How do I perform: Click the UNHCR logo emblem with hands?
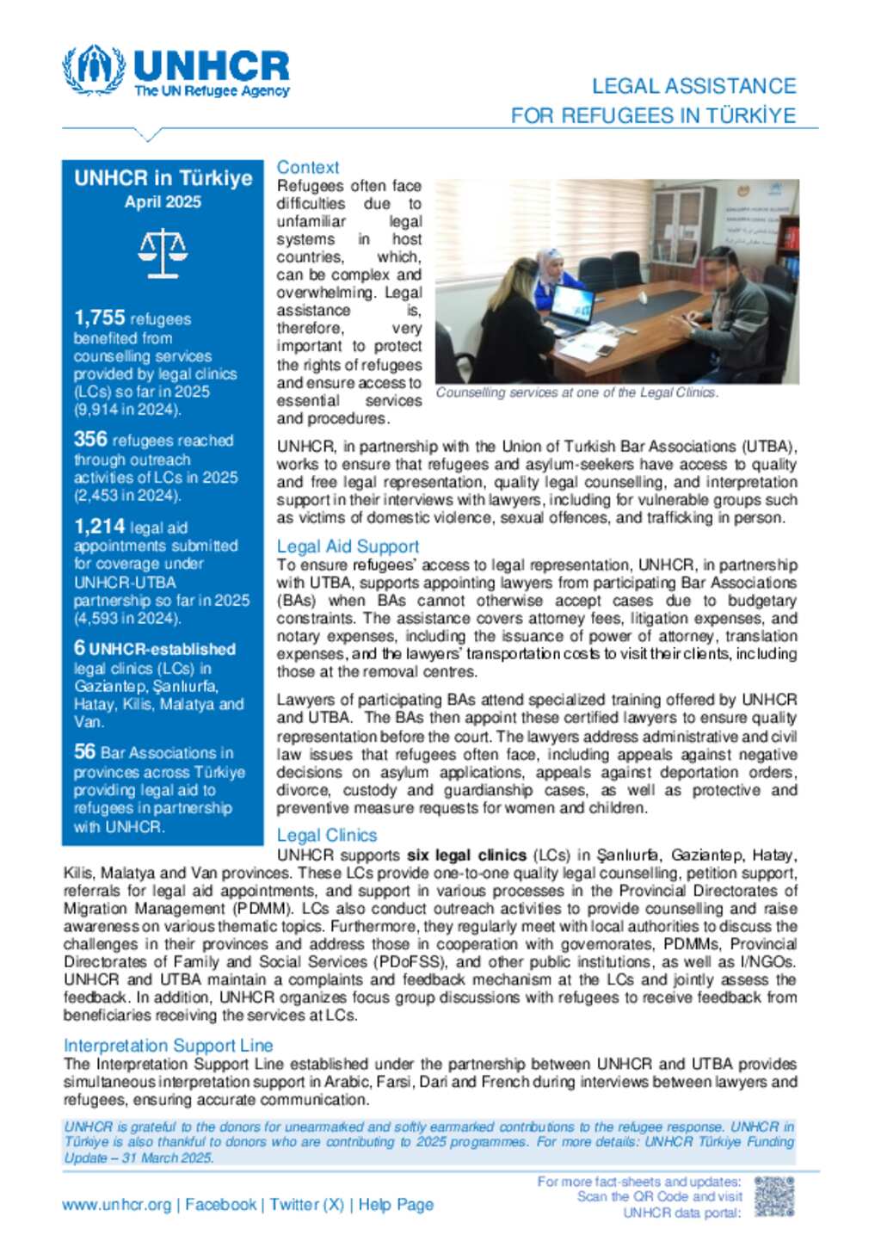[93, 70]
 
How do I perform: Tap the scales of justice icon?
[163, 253]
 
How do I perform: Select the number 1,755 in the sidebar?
[99, 318]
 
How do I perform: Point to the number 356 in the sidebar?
[90, 439]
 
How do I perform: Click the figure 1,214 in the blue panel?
[99, 526]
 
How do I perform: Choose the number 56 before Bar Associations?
[84, 751]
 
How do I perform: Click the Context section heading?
[307, 167]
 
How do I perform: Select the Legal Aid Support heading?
[348, 546]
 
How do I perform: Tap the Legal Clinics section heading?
[326, 834]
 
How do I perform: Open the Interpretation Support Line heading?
[168, 1045]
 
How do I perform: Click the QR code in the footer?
[773, 1196]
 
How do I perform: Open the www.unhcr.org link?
[116, 1204]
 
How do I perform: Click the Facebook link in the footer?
[220, 1204]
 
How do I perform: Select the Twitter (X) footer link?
[306, 1204]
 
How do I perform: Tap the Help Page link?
[395, 1204]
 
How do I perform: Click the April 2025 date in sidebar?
[163, 201]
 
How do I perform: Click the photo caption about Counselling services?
[576, 392]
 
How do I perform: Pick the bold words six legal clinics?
[466, 855]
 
